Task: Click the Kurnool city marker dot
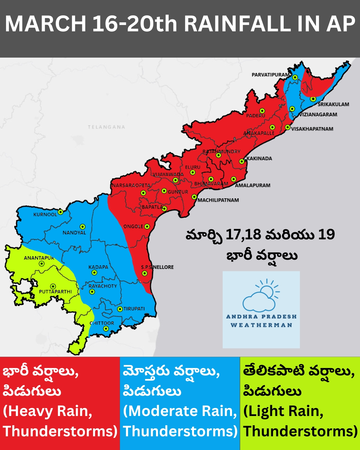[61, 212]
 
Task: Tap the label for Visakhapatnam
[312, 129]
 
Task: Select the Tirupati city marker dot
[120, 309]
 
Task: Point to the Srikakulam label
[333, 104]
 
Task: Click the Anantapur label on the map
[39, 258]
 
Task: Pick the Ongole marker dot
[147, 227]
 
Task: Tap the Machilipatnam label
[218, 200]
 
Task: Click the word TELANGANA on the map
[106, 127]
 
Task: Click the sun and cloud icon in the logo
[261, 295]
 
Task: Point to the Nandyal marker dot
[82, 227]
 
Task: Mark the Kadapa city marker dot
[94, 273]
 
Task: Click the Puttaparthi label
[55, 292]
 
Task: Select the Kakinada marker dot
[242, 162]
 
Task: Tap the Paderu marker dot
[262, 111]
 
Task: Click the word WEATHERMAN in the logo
[261, 325]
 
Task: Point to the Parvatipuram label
[270, 75]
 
